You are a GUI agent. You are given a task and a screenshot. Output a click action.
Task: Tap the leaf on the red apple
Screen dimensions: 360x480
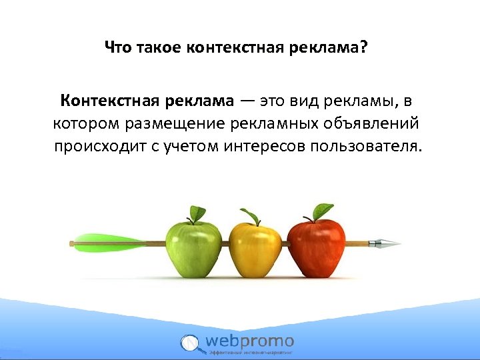(323, 211)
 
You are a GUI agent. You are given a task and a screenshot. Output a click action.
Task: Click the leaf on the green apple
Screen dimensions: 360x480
(197, 213)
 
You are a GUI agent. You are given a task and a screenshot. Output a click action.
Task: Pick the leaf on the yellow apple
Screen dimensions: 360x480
(251, 216)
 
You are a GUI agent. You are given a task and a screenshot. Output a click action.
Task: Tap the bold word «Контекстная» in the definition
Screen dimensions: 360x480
(109, 101)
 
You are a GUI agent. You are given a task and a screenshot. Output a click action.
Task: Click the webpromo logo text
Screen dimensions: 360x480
(249, 341)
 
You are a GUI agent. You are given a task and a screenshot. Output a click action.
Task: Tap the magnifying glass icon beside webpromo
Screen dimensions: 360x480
(191, 343)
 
